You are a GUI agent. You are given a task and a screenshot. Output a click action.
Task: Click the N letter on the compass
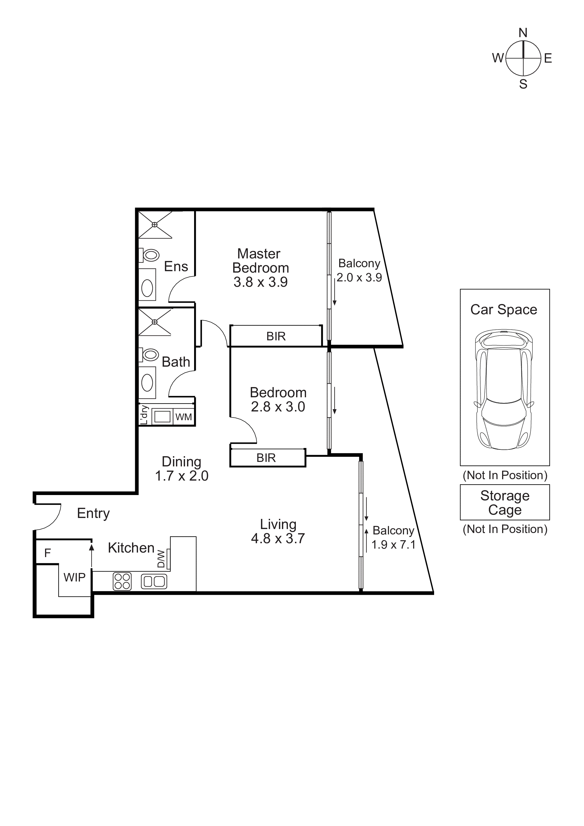[523, 33]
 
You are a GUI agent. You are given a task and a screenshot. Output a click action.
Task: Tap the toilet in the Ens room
[149, 255]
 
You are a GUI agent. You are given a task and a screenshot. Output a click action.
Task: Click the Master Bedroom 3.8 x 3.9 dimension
[260, 282]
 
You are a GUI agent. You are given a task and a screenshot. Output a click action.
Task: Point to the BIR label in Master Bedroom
[276, 336]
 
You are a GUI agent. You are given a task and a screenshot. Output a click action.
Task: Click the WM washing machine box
[184, 417]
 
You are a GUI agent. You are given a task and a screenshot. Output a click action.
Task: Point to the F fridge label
[48, 553]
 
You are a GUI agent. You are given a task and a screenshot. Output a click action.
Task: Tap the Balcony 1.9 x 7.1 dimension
[393, 545]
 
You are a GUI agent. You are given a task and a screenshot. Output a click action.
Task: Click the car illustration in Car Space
[504, 389]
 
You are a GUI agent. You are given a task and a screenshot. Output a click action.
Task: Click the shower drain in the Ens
[154, 225]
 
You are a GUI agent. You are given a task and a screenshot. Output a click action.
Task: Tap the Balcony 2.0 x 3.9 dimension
[359, 277]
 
